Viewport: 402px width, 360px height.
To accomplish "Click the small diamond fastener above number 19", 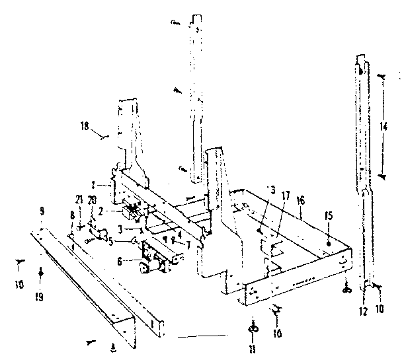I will pos(41,271).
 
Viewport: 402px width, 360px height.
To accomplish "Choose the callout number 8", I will pos(71,215).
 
